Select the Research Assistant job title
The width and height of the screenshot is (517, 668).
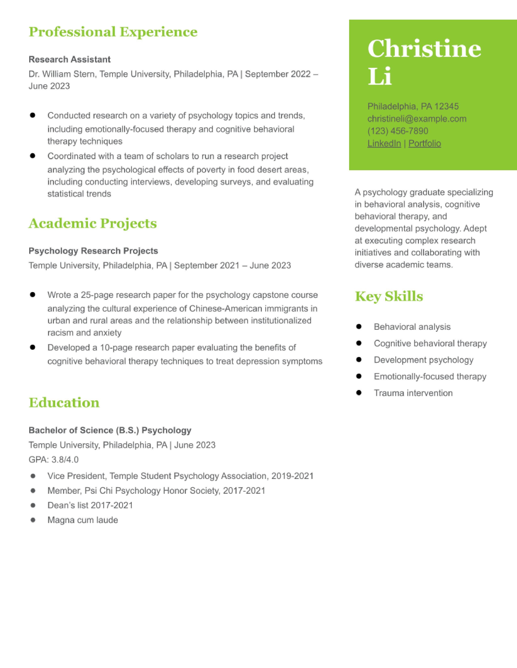pyautogui.click(x=70, y=59)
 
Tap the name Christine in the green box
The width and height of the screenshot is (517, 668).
pyautogui.click(x=424, y=49)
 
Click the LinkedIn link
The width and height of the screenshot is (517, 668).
pyautogui.click(x=384, y=144)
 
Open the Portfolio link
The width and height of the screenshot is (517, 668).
pyautogui.click(x=425, y=144)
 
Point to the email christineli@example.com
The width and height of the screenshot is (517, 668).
pyautogui.click(x=417, y=119)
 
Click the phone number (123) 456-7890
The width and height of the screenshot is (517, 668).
pyautogui.click(x=398, y=131)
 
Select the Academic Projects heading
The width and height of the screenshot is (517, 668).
pyautogui.click(x=92, y=223)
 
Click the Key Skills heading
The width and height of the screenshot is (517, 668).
pyautogui.click(x=389, y=296)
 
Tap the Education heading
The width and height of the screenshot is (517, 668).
pyautogui.click(x=64, y=402)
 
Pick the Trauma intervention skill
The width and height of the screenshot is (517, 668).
pyautogui.click(x=413, y=393)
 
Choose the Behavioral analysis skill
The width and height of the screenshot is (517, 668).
pyautogui.click(x=412, y=327)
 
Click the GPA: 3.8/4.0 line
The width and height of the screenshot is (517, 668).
pyautogui.click(x=54, y=460)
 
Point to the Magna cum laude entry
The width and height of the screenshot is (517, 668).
pyautogui.click(x=83, y=520)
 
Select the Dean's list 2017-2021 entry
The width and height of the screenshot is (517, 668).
pyautogui.click(x=90, y=505)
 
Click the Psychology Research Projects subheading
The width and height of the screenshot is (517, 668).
pyautogui.click(x=93, y=251)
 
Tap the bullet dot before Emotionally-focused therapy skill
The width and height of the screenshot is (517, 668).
pyautogui.click(x=359, y=376)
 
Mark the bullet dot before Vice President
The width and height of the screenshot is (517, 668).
pyautogui.click(x=33, y=476)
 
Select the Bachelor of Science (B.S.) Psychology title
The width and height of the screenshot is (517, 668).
pyautogui.click(x=110, y=430)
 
